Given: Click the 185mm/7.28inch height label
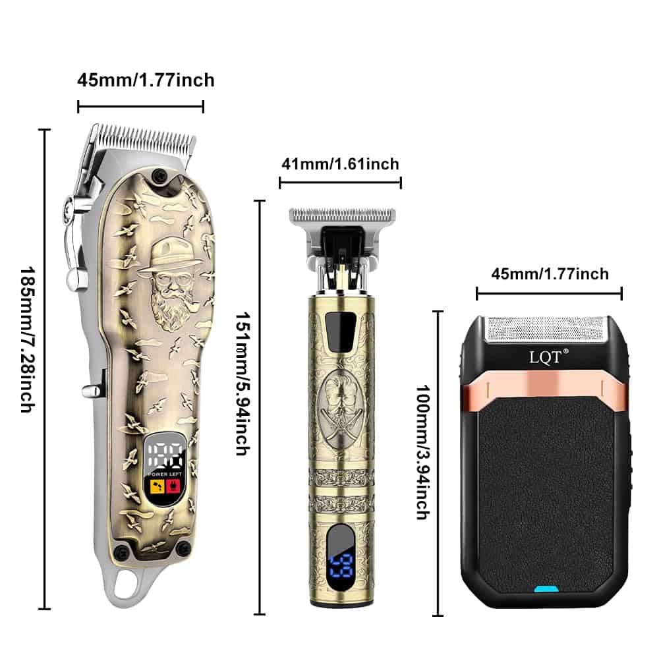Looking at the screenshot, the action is pyautogui.click(x=28, y=339).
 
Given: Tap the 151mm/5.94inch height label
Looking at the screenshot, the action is pyautogui.click(x=243, y=384).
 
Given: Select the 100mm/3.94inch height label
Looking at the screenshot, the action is pyautogui.click(x=423, y=452).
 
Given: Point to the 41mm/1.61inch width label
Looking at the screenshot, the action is pyautogui.click(x=340, y=164).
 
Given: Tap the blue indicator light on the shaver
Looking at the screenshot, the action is pyautogui.click(x=546, y=588).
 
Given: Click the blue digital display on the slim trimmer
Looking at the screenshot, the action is pyautogui.click(x=341, y=565).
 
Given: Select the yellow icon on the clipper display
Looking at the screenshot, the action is pyautogui.click(x=158, y=486).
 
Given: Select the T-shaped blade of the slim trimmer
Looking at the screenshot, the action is pyautogui.click(x=342, y=215).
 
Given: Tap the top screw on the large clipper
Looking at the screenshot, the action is pyautogui.click(x=159, y=175).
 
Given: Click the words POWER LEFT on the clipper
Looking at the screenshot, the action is pyautogui.click(x=165, y=474).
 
